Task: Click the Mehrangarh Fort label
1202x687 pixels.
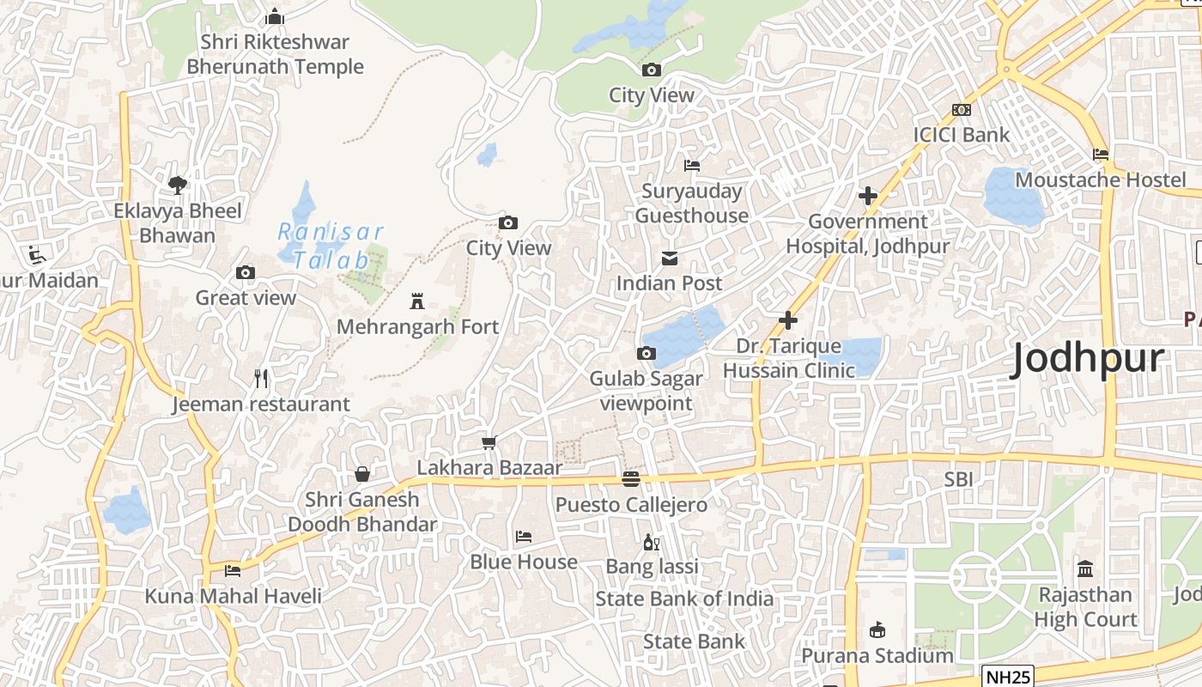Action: click(417, 327)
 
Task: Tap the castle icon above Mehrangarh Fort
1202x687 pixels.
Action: click(417, 301)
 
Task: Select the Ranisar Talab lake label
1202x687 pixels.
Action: click(330, 246)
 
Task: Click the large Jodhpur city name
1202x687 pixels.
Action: click(1088, 358)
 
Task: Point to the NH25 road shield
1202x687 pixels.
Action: click(1008, 677)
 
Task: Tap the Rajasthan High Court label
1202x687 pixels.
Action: click(1085, 606)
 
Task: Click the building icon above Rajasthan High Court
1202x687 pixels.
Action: click(1085, 568)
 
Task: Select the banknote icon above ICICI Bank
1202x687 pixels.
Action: click(962, 110)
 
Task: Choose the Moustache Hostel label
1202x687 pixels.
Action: click(1100, 179)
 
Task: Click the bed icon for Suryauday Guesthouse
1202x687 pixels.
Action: click(692, 165)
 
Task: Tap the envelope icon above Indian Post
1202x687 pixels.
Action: click(670, 258)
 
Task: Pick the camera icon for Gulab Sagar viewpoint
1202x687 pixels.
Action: click(647, 353)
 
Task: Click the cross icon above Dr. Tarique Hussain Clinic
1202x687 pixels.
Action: click(788, 320)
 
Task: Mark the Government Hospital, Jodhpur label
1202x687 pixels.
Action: click(868, 234)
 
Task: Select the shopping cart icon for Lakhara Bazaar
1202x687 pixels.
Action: click(489, 442)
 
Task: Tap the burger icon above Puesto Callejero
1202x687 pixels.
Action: click(631, 479)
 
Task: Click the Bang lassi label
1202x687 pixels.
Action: click(652, 567)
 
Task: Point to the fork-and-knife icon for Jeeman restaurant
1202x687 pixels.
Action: click(262, 378)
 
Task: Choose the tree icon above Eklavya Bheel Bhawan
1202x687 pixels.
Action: click(178, 185)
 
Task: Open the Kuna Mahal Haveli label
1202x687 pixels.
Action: click(233, 596)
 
